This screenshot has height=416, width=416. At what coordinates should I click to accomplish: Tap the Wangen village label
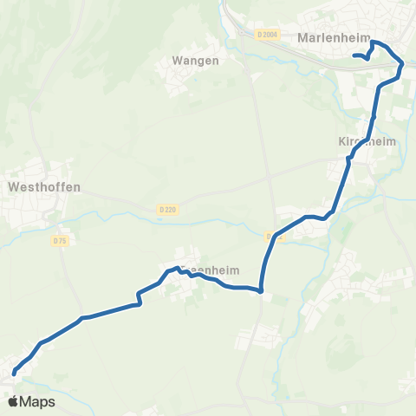[194, 61]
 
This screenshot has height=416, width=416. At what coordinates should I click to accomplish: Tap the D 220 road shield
[168, 209]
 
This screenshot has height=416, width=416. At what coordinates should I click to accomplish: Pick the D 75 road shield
[60, 241]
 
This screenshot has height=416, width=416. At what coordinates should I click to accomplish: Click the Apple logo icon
[13, 401]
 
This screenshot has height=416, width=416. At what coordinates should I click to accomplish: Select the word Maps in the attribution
[37, 402]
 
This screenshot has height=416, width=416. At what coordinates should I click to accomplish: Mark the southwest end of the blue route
[14, 374]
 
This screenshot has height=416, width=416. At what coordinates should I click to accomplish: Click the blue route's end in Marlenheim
[354, 57]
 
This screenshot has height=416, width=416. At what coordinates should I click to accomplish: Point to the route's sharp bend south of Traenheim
[261, 290]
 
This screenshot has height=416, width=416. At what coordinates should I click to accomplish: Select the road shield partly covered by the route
[274, 235]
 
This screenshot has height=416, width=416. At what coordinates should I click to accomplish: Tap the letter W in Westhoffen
[11, 186]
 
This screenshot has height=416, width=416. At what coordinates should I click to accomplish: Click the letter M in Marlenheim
[302, 38]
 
